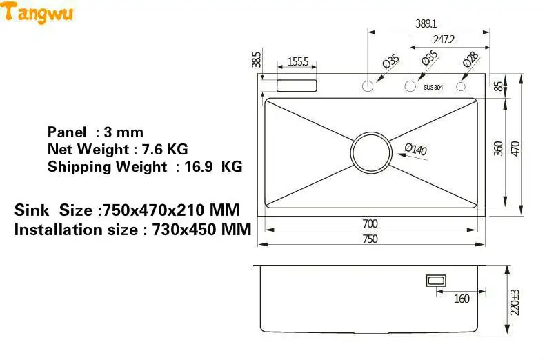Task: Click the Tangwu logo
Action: (x=37, y=13)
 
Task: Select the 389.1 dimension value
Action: (x=426, y=23)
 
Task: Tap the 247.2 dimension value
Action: (x=444, y=39)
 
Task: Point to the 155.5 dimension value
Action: (x=298, y=61)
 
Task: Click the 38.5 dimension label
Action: (x=256, y=60)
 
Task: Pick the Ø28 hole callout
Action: (x=470, y=59)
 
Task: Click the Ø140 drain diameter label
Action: (x=416, y=149)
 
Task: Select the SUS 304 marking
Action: (x=433, y=87)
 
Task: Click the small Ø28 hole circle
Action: (x=461, y=86)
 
